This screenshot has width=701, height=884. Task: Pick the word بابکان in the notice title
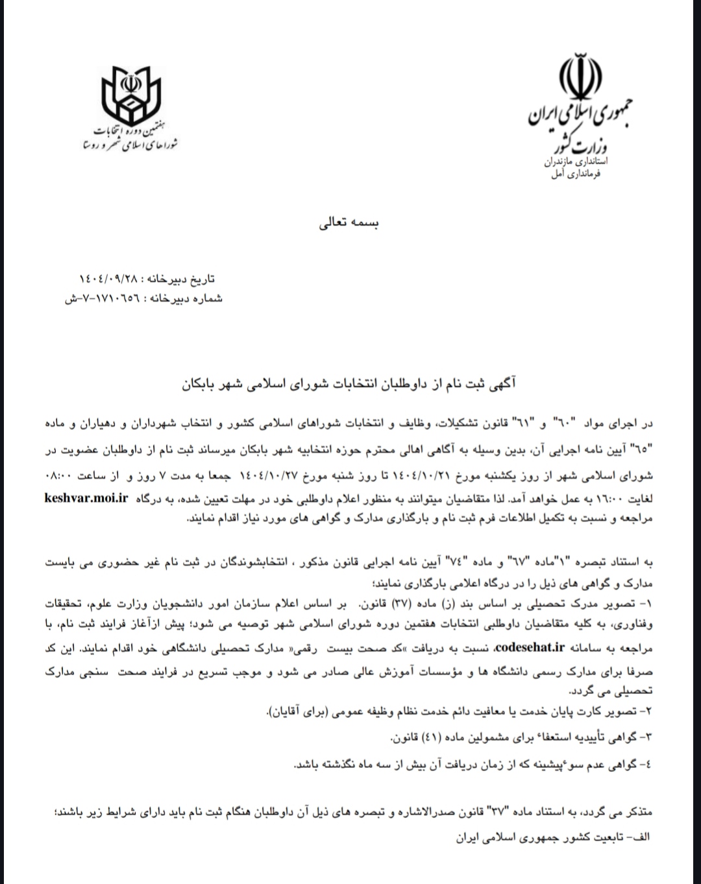coord(203,384)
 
